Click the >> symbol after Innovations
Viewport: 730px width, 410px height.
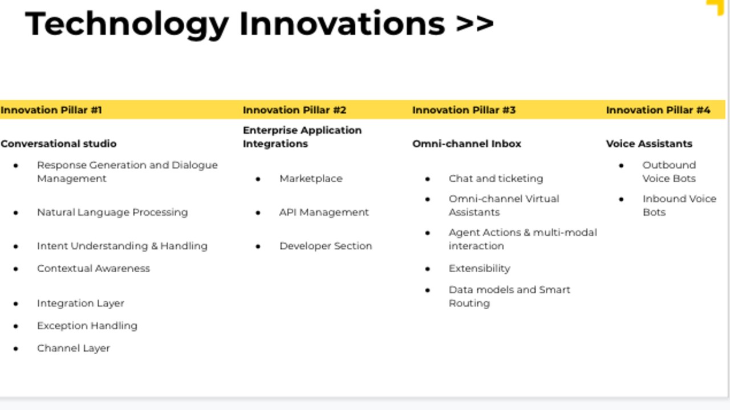[475, 23]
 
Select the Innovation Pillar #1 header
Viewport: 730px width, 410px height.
[51, 110]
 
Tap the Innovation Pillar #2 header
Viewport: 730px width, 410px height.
[295, 110]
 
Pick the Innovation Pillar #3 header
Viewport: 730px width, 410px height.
[464, 110]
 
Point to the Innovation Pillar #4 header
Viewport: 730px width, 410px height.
[658, 110]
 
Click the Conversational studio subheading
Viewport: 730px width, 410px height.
[59, 143]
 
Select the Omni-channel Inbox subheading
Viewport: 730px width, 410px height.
[467, 143]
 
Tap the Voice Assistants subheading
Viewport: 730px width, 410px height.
[649, 143]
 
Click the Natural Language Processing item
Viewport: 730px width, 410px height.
[112, 212]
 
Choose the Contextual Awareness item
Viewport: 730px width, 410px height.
[94, 268]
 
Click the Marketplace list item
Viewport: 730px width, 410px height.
[311, 179]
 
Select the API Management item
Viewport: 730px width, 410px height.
[324, 212]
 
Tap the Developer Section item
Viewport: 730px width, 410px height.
[326, 246]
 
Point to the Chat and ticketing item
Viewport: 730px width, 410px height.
[496, 179]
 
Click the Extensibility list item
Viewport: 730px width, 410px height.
[480, 268]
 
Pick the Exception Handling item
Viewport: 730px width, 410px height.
[87, 326]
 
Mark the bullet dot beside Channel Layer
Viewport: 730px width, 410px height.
[15, 349]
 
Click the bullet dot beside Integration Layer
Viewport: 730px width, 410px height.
[15, 304]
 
